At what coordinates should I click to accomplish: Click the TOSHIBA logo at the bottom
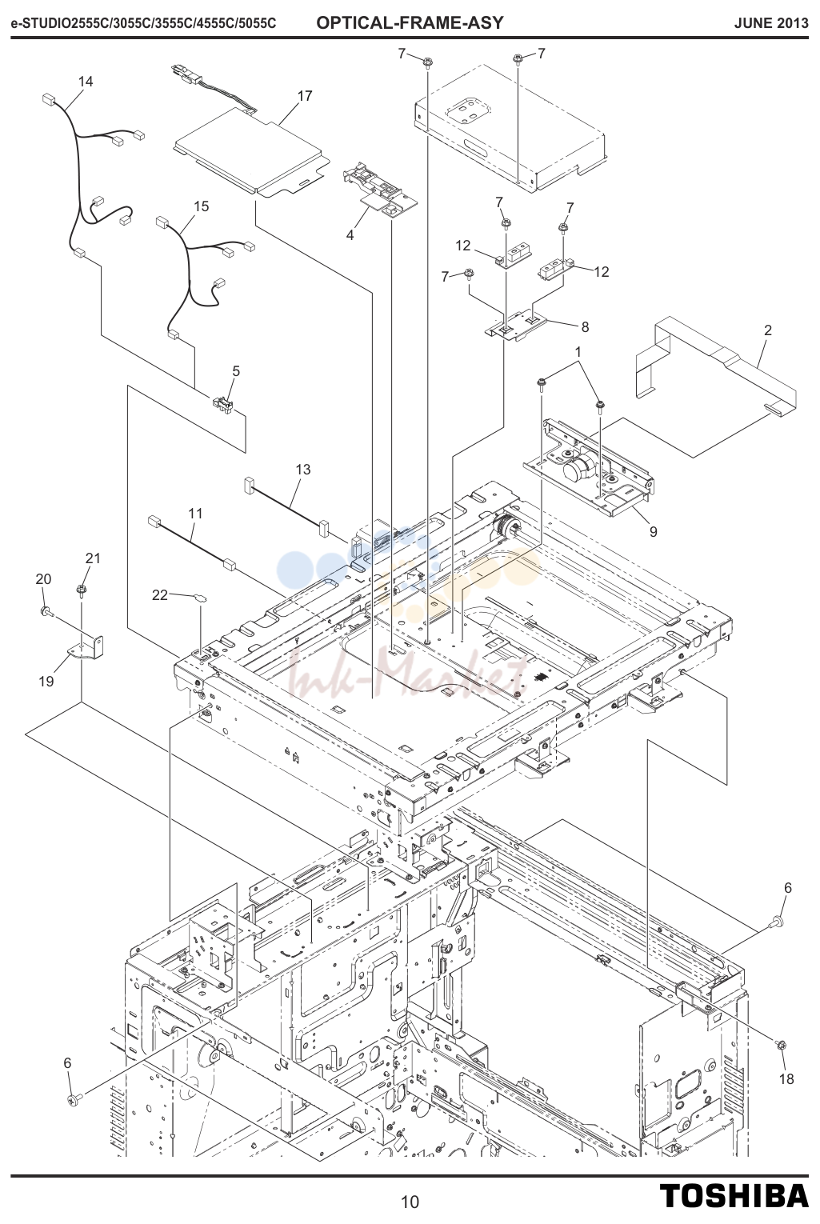tap(734, 1195)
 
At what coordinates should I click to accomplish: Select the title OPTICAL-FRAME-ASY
tap(410, 23)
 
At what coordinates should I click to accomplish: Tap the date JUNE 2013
tap(771, 23)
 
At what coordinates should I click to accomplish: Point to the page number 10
tap(410, 1202)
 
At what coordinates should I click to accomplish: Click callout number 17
tap(305, 96)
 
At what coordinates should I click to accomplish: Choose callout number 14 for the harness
tap(86, 82)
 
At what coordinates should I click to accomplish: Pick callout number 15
tap(201, 206)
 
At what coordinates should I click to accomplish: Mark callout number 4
tap(350, 235)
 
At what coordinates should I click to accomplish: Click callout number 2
tap(768, 330)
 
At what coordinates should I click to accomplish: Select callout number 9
tap(654, 531)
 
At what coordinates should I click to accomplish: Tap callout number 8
tap(585, 326)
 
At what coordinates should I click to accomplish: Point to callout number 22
tap(159, 595)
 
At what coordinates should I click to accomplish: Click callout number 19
tap(46, 682)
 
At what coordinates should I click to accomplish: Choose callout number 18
tap(786, 1079)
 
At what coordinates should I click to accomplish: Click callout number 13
tap(303, 470)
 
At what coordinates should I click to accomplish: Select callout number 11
tap(195, 514)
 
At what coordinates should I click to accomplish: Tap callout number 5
tap(236, 371)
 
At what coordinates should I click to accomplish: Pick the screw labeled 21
tap(82, 590)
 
